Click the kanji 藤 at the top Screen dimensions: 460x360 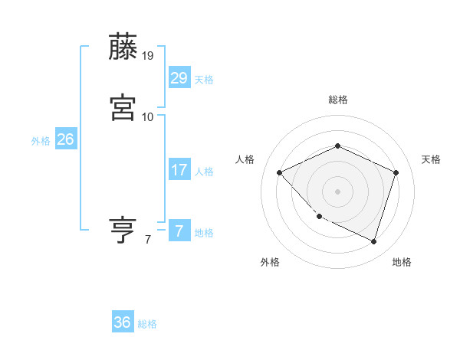coord(123,47)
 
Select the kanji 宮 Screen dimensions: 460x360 coord(123,107)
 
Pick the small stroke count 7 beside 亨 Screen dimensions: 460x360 coord(147,240)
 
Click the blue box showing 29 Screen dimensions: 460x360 coord(179,77)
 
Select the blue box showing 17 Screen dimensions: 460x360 coord(179,169)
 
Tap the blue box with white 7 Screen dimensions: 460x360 coord(179,231)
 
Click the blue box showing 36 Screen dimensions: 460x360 coord(123,322)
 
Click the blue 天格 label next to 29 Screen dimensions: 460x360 coord(204,80)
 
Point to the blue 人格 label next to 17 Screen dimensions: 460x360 coord(204,172)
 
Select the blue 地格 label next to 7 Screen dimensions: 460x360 coord(204,233)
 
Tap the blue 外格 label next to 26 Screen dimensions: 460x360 coord(40,141)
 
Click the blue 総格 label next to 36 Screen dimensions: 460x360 coord(147,325)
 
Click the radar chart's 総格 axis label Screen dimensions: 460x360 coord(337,100)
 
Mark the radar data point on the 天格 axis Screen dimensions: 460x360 coord(396,172)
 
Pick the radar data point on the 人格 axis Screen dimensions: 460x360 coord(280,172)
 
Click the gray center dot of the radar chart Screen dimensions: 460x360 coord(337,191)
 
